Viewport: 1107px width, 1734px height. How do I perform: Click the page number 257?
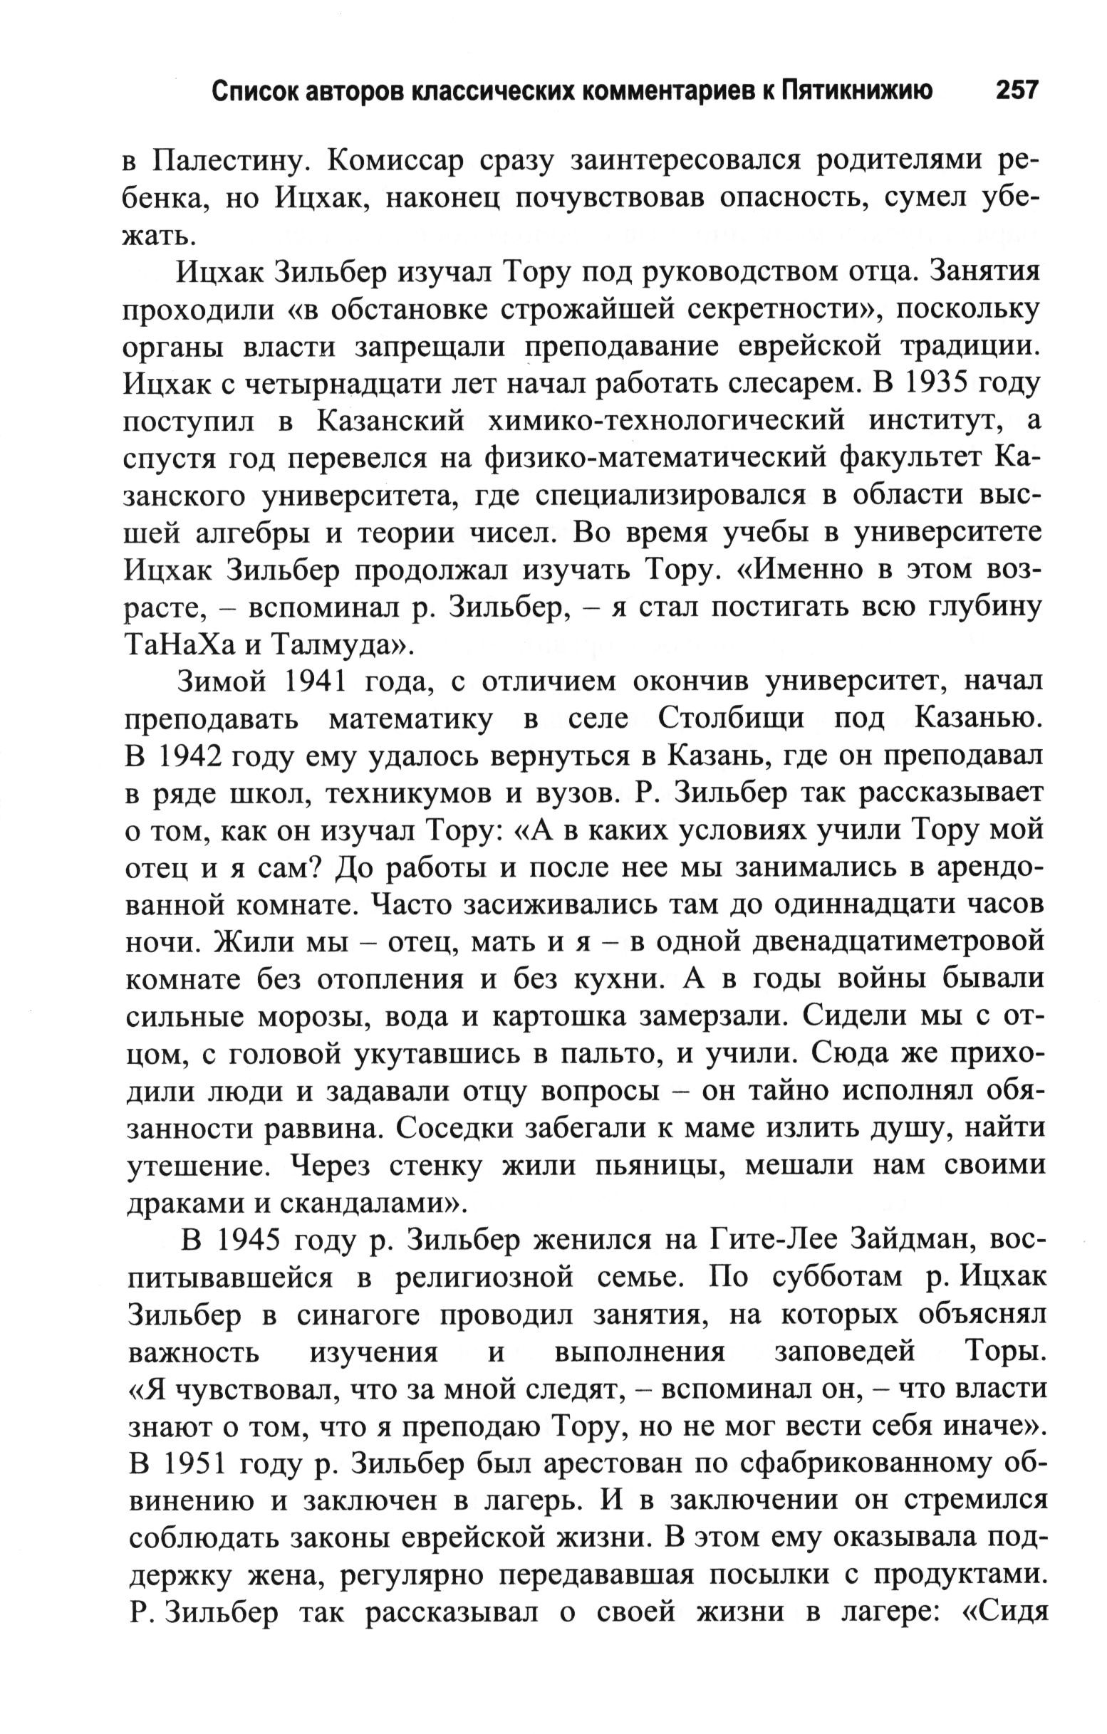coord(1017,91)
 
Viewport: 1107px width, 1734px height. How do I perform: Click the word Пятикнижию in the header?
coord(858,91)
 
